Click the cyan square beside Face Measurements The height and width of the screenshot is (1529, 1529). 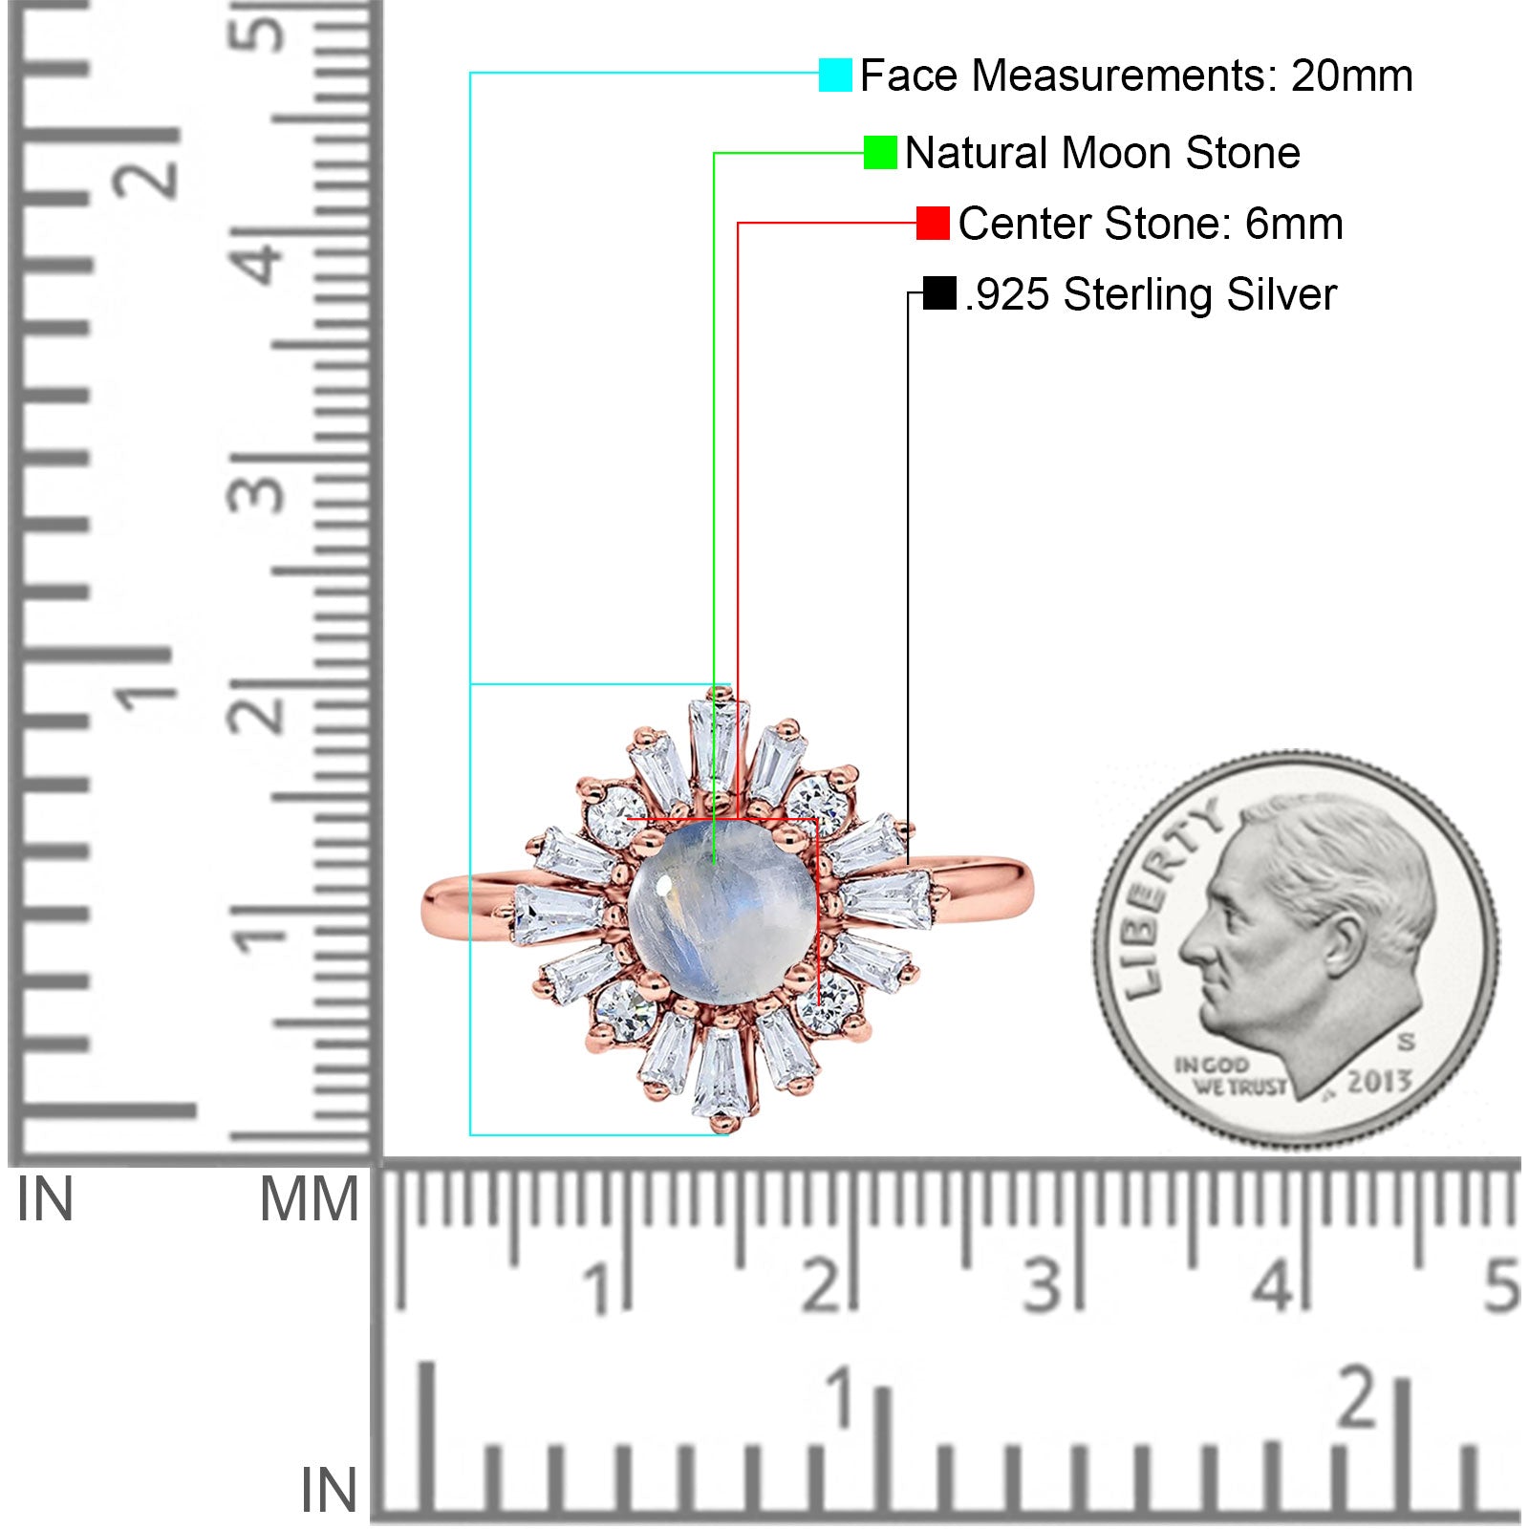[835, 75]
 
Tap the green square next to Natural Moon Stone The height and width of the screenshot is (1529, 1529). [880, 152]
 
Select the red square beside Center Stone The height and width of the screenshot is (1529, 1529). [933, 223]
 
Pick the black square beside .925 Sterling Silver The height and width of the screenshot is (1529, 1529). [940, 293]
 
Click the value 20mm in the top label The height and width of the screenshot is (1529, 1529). [1351, 75]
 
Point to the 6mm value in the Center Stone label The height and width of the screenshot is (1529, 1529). [1294, 224]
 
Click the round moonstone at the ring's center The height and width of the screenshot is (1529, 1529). [721, 915]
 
